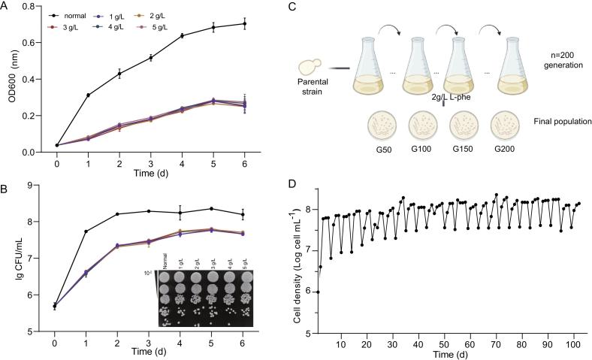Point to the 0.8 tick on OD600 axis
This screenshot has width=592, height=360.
point(32,8)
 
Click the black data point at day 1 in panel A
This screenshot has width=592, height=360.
point(89,95)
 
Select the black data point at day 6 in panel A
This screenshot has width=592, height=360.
point(245,24)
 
